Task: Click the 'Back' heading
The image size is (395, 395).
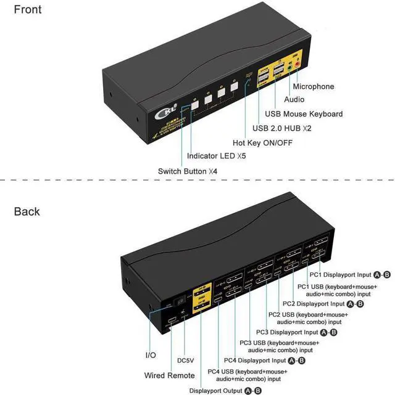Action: (27, 211)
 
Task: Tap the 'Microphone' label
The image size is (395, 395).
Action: (322, 87)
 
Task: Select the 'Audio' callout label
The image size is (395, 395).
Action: (294, 99)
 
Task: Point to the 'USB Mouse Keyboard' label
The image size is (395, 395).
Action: (303, 113)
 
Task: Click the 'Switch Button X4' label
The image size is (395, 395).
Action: (188, 171)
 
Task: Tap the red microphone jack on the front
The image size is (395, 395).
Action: (297, 63)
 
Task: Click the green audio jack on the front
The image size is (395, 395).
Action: (288, 65)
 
